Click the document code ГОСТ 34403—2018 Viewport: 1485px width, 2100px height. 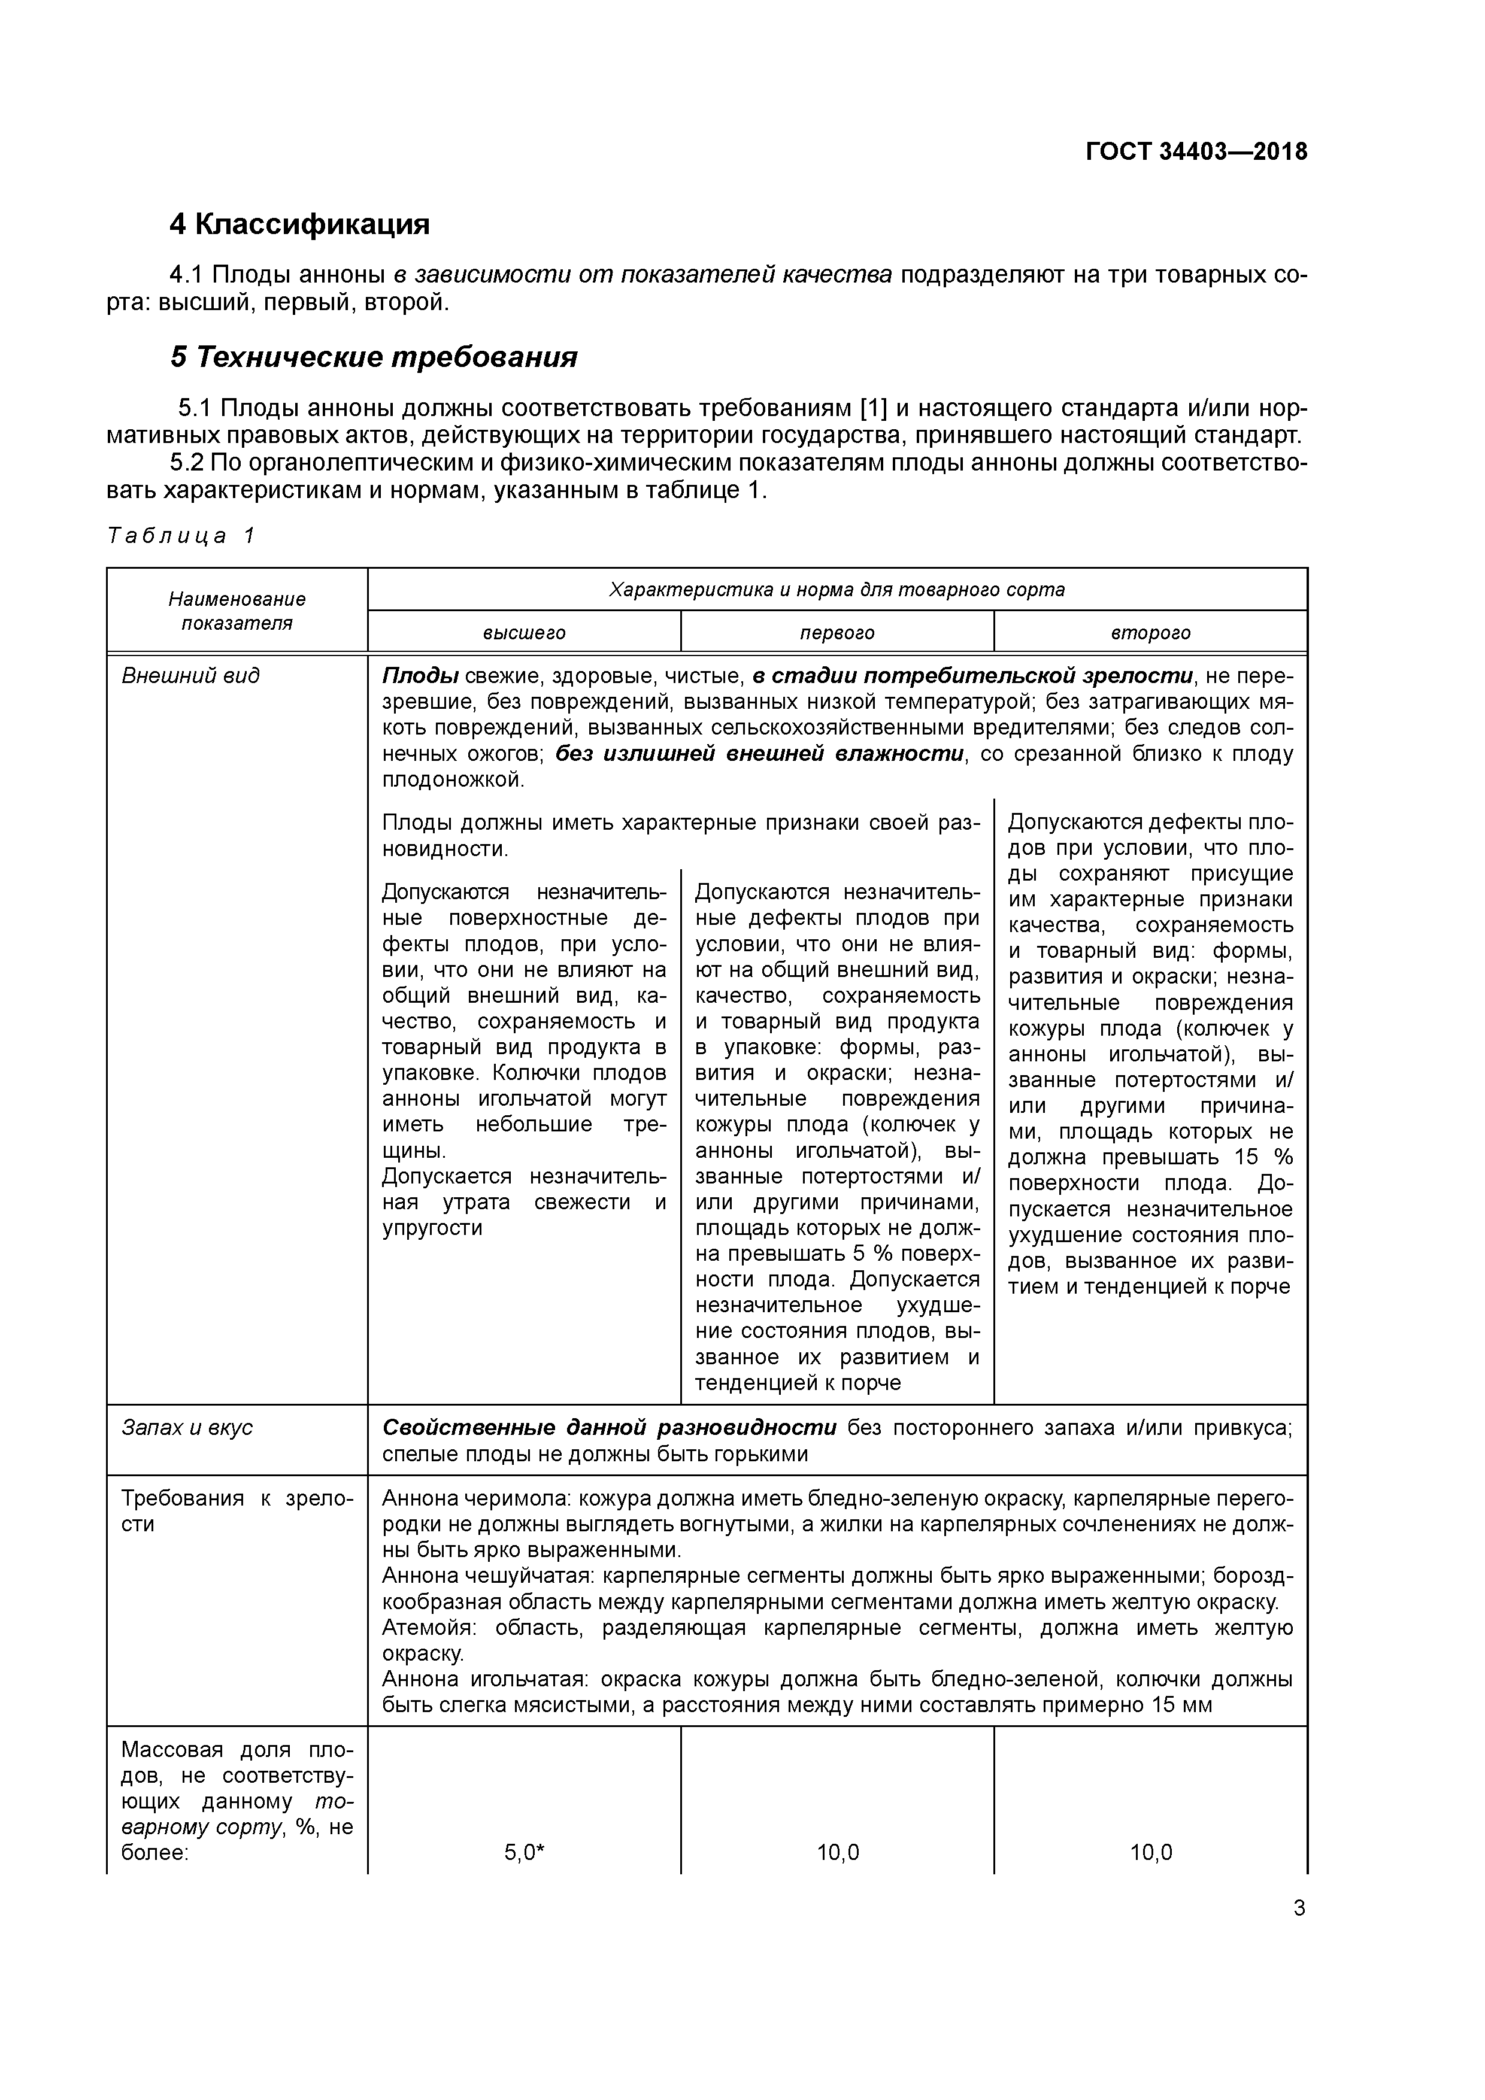click(x=1196, y=152)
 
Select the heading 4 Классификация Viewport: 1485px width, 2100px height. click(x=299, y=224)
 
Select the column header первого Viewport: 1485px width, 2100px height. click(x=837, y=633)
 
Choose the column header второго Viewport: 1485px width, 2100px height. click(x=1150, y=633)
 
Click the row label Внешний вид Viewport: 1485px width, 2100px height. click(x=190, y=676)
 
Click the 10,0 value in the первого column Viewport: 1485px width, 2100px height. click(x=837, y=1853)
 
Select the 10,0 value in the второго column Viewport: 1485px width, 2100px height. click(x=1150, y=1853)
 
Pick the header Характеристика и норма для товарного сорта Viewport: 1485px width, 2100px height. click(x=837, y=590)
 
